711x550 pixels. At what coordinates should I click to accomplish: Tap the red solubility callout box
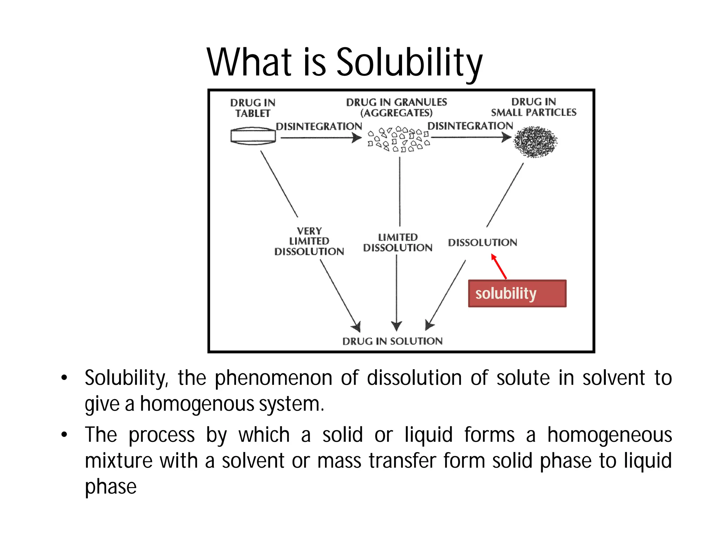tap(517, 293)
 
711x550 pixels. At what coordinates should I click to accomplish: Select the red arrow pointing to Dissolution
tap(499, 267)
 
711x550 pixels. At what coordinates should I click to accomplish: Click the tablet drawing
tap(253, 136)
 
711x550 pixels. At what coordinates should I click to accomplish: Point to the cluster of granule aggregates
tap(399, 139)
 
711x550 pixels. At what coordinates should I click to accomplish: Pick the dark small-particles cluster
tap(535, 142)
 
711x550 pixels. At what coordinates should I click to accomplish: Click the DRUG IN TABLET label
tap(253, 108)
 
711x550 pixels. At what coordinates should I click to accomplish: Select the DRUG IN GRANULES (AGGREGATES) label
tap(396, 107)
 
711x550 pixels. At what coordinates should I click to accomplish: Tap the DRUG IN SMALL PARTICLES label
tap(534, 107)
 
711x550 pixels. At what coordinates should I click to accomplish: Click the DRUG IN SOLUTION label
tap(392, 341)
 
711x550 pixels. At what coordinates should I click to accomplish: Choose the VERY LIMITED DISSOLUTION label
tap(309, 241)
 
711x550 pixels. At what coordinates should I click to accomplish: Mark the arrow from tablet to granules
tap(321, 138)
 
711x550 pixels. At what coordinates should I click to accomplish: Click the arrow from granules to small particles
tap(471, 137)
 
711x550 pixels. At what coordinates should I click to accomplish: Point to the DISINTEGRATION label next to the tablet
tap(319, 126)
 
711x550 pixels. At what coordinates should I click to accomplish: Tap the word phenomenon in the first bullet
tap(273, 378)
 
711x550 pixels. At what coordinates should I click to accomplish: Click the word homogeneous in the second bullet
tap(609, 435)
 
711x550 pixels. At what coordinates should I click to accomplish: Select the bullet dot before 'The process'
tap(64, 435)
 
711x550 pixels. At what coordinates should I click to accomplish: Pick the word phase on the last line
tap(111, 487)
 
